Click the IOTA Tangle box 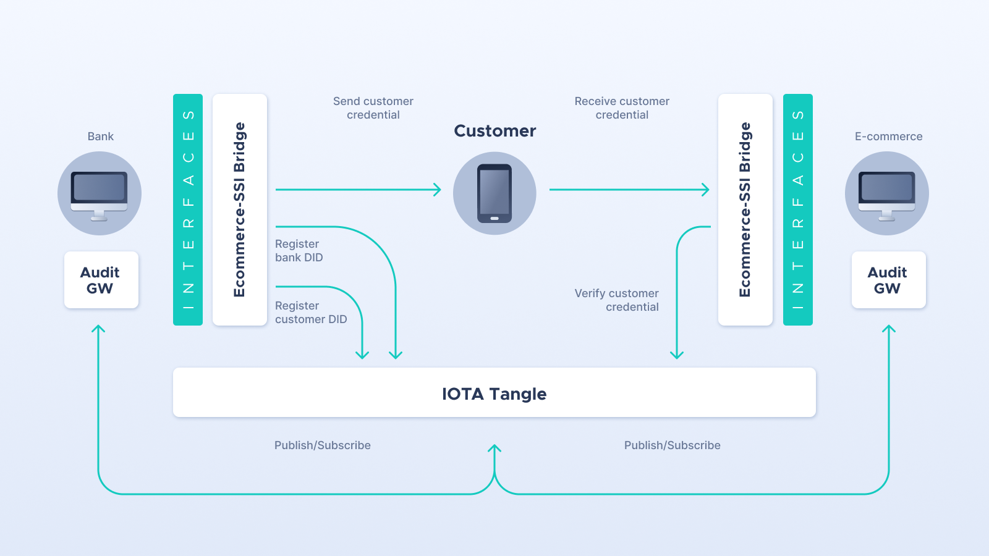click(x=494, y=392)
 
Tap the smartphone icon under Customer click(x=494, y=193)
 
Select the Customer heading click(x=495, y=130)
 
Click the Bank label click(x=100, y=137)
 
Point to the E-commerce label click(x=888, y=137)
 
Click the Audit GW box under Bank click(x=101, y=280)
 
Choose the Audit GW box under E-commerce click(x=888, y=280)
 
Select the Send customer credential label click(x=373, y=108)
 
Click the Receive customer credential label click(x=622, y=108)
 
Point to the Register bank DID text click(x=299, y=251)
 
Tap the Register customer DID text click(x=311, y=313)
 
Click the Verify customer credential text click(x=616, y=300)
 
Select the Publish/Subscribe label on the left click(x=322, y=445)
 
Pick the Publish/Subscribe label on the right click(x=672, y=445)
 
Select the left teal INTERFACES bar click(x=188, y=209)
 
